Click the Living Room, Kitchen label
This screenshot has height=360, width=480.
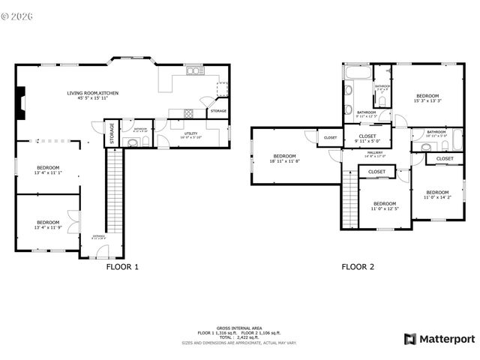(x=93, y=94)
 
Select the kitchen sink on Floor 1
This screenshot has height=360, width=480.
(x=194, y=71)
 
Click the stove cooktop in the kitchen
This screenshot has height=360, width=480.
(x=188, y=113)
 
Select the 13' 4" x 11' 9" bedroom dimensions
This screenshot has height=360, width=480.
(x=48, y=227)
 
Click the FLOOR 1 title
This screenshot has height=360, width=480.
(x=122, y=266)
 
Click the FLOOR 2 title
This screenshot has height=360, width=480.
(x=358, y=266)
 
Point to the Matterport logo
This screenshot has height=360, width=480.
(x=439, y=339)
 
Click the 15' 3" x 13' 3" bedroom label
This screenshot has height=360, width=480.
(x=427, y=98)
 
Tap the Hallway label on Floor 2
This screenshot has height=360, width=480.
(x=374, y=154)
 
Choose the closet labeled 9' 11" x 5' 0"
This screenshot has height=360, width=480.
(x=367, y=138)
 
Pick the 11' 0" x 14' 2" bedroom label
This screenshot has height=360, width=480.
(x=437, y=194)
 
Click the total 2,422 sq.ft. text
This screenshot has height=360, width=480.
(x=239, y=338)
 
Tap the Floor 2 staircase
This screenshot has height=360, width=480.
(x=349, y=198)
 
